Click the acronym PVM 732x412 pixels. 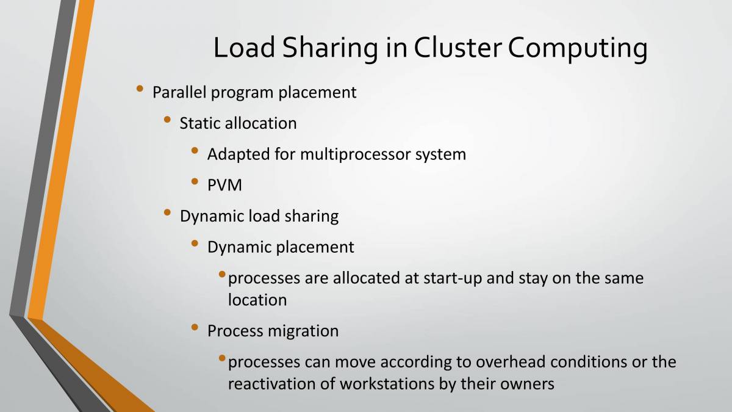tap(224, 185)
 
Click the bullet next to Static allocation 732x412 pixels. tap(168, 121)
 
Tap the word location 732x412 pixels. tap(257, 300)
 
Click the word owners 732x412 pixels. tap(526, 384)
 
